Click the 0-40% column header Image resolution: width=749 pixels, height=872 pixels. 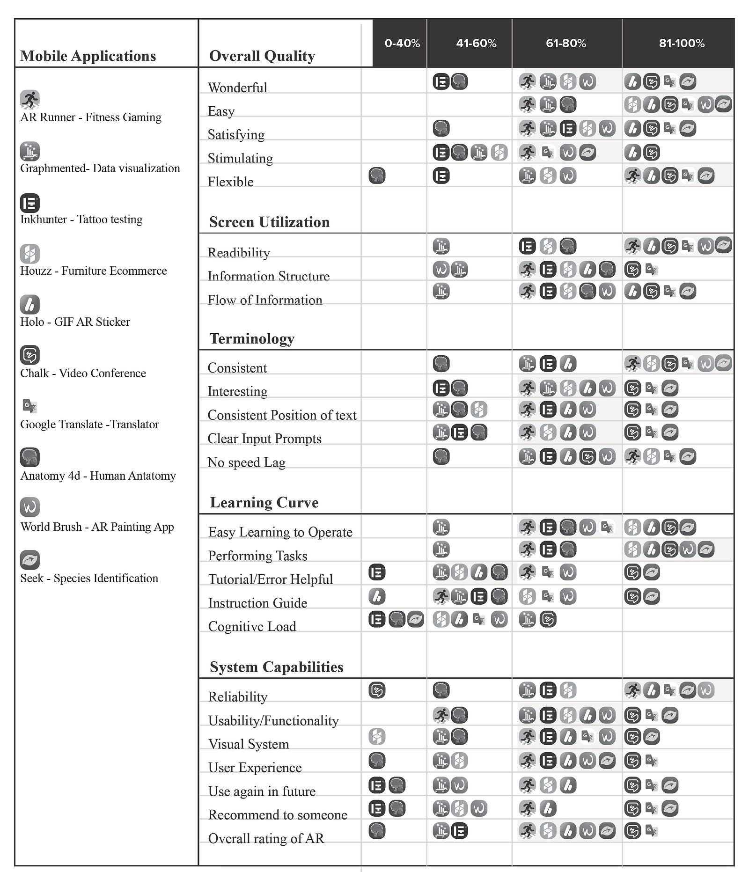coord(402,44)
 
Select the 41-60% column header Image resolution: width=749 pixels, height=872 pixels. coord(476,44)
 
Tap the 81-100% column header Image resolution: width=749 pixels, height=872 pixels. coord(681,44)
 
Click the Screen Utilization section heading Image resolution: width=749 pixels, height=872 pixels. coord(269,222)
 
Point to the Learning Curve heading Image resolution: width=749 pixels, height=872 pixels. coord(264,502)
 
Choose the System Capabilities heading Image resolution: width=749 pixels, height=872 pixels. coord(276,667)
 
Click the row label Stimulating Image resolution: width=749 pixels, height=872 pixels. coord(240,158)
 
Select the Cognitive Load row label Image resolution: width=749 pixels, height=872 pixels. coord(252,626)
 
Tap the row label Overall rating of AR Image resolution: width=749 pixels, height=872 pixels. coord(266,838)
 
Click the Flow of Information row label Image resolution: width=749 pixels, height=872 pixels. coord(265,300)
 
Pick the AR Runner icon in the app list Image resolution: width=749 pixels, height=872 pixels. coord(30,99)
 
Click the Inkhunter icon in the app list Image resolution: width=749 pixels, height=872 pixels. coord(30,203)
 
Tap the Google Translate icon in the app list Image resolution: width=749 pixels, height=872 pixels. coord(30,406)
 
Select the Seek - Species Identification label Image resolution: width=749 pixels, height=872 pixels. coord(89,578)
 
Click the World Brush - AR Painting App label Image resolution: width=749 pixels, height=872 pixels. coord(97,527)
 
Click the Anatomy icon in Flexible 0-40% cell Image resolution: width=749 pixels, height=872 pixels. coord(377,176)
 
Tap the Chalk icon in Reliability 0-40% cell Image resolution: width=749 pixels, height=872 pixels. coord(377,690)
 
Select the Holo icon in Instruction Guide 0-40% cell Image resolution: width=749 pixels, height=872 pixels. coord(377,596)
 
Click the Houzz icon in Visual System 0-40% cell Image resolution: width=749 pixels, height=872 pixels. coord(377,736)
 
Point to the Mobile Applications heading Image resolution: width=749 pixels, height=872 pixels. coord(88,56)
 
